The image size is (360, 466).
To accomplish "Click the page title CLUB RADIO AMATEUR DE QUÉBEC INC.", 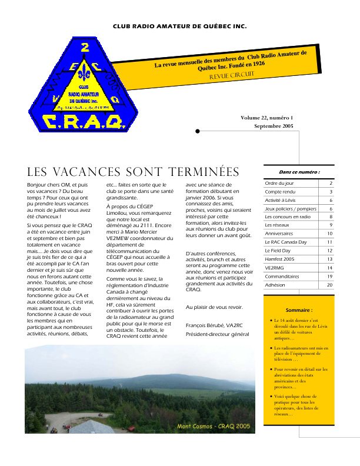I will click(180, 26).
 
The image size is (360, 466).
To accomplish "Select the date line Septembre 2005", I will click(274, 127).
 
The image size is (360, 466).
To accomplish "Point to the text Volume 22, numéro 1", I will click(266, 118).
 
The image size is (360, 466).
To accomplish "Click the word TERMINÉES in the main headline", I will click(204, 172).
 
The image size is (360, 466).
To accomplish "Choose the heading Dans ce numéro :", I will click(299, 172).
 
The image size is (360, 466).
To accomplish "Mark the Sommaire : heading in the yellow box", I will click(299, 309).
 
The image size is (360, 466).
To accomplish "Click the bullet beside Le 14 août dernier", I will click(269, 321).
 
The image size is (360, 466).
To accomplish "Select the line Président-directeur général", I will click(217, 334).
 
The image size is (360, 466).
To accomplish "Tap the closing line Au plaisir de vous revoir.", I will click(214, 307).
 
